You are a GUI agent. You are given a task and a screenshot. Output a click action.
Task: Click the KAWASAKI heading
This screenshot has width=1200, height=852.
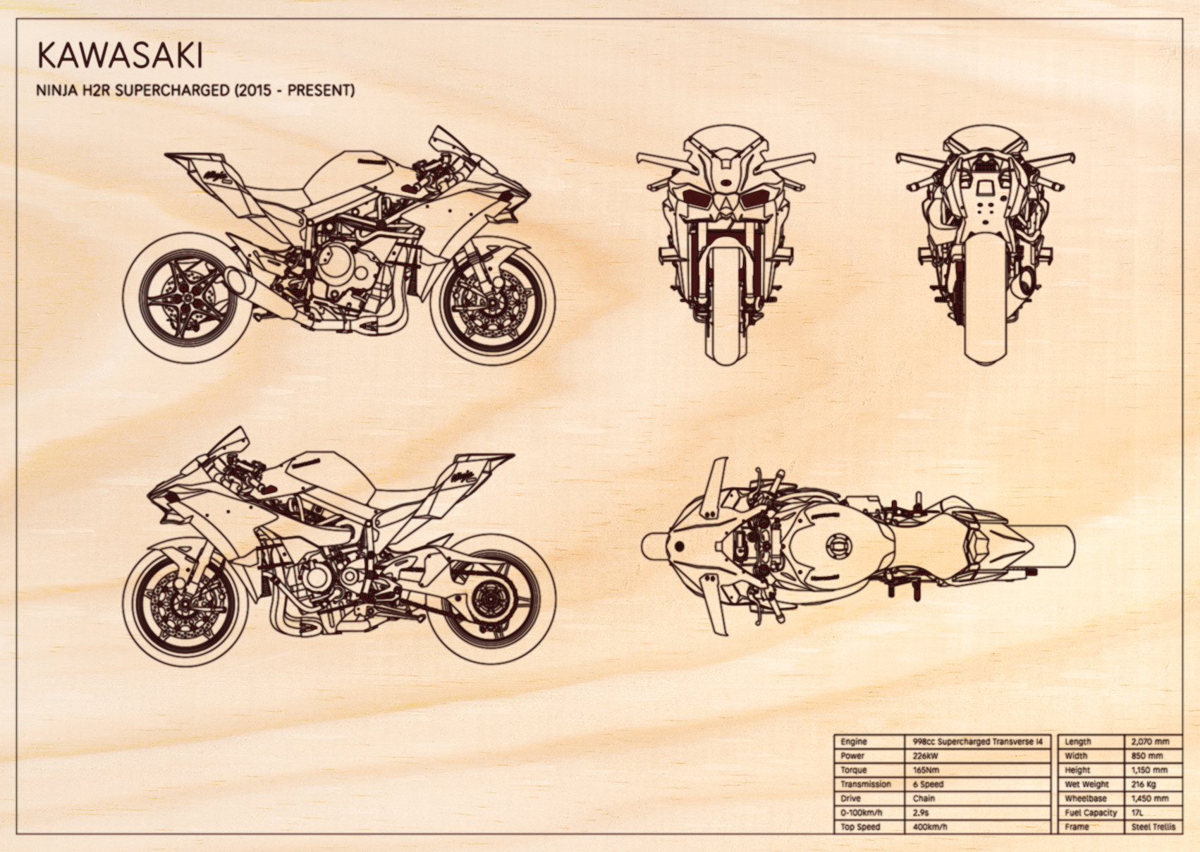[119, 56]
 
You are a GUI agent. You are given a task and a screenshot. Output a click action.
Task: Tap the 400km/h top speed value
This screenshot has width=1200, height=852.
[930, 827]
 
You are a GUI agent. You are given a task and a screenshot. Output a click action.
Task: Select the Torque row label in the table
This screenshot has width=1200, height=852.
[853, 770]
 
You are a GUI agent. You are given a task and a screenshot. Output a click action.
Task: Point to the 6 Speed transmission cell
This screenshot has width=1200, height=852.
[928, 784]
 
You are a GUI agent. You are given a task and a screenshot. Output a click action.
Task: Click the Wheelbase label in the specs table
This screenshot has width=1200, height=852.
[1086, 798]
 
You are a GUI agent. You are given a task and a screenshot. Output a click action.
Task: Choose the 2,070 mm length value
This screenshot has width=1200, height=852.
[1150, 742]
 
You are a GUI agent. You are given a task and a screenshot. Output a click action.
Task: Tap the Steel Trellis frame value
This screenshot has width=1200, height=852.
[1153, 827]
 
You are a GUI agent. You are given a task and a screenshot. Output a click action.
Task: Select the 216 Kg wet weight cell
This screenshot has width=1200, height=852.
[1143, 784]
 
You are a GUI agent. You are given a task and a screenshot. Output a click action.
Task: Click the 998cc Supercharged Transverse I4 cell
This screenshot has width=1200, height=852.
[978, 742]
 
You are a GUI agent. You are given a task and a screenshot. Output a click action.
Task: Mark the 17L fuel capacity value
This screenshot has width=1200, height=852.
[1137, 813]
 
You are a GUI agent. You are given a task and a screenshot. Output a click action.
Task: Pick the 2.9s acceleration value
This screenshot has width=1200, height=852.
[921, 813]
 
